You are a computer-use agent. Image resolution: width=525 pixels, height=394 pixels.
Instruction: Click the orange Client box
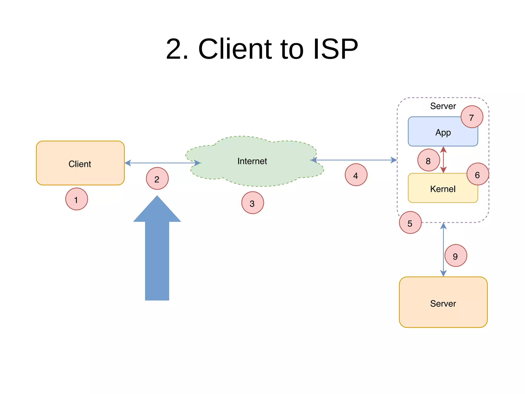coord(80,163)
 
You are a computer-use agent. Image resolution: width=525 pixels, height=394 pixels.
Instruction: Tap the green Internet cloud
coord(253,161)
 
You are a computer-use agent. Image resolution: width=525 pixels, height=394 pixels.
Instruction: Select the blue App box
coord(438,132)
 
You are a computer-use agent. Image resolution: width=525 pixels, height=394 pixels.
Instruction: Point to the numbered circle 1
coord(76,199)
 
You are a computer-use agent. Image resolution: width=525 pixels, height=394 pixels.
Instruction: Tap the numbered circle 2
coord(157,179)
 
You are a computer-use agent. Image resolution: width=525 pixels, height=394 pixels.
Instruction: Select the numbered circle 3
coord(253,203)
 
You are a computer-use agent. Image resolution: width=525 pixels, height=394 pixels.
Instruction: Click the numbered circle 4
coord(356,175)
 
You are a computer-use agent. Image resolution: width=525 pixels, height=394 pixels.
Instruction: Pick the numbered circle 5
coord(410,223)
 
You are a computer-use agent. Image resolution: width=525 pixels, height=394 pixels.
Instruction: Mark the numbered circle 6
coord(478,174)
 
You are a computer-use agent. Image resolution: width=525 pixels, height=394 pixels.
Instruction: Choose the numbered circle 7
coord(472,117)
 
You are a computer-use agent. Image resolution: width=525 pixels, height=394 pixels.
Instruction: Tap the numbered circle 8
coord(428,160)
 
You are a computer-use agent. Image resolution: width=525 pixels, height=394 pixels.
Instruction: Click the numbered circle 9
coord(456,256)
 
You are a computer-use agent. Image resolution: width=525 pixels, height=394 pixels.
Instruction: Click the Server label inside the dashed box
coord(443,106)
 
